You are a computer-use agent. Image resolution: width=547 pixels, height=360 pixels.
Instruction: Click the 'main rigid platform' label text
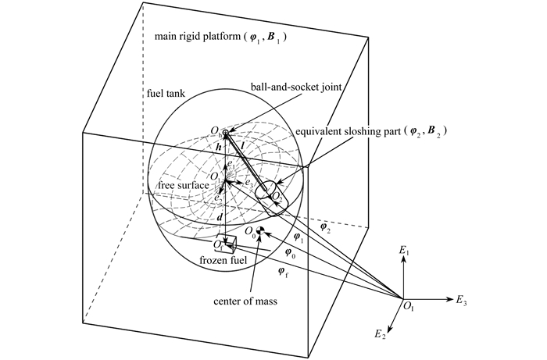[x=198, y=36]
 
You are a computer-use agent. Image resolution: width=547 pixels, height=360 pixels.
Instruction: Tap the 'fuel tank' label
[x=166, y=94]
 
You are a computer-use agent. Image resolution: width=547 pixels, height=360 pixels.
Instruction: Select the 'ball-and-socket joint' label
[x=296, y=87]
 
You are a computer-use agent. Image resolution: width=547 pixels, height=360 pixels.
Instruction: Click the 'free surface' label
[x=183, y=185]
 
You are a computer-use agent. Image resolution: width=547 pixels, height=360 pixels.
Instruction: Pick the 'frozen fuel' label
[x=223, y=260]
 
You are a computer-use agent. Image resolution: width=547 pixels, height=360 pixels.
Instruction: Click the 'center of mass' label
[x=245, y=301]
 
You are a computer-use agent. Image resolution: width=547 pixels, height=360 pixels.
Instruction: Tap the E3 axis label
[x=461, y=300]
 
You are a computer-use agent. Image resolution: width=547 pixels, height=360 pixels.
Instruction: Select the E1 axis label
[x=404, y=250]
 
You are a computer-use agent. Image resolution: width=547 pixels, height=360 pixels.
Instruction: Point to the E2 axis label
[x=381, y=334]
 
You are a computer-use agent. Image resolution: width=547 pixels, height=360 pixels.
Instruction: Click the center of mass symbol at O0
[x=260, y=230]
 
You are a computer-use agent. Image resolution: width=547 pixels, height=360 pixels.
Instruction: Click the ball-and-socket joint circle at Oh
[x=225, y=132]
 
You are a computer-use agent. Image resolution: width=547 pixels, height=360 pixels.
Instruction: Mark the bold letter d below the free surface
[x=220, y=218]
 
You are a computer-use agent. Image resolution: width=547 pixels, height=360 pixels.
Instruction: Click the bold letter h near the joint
[x=219, y=147]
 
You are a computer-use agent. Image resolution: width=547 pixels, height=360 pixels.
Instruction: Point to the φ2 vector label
[x=324, y=227]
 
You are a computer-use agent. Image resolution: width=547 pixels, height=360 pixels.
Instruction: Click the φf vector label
[x=283, y=271]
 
